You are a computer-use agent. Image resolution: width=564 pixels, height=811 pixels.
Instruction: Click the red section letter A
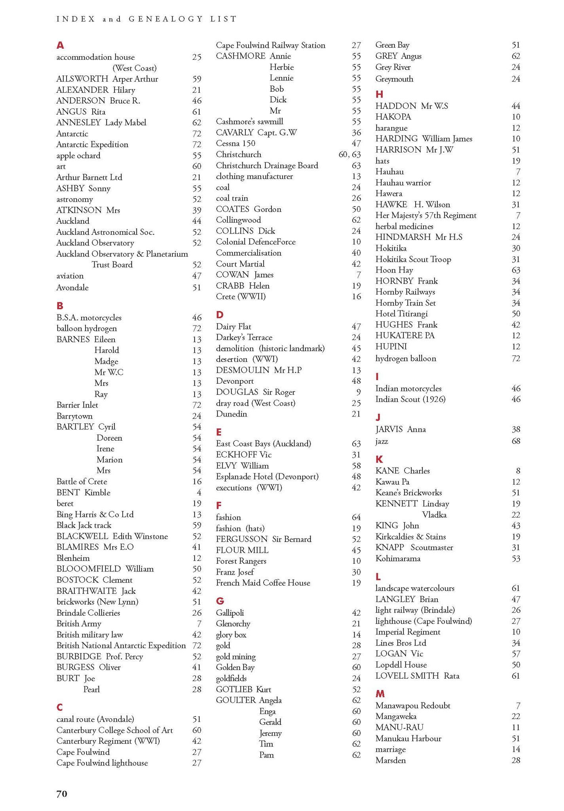pos(60,45)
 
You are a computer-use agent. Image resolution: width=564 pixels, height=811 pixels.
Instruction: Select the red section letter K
pos(379,459)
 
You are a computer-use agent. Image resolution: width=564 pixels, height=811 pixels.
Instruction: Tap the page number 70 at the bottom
pos(62,794)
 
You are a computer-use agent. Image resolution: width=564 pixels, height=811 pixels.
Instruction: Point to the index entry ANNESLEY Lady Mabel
pos(101,123)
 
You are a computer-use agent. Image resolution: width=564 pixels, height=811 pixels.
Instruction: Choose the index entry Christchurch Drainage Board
pos(267,166)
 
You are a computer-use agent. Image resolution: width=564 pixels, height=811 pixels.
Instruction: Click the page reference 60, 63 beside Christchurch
pos(350,154)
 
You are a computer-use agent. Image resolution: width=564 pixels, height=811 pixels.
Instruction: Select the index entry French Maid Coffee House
pos(263,583)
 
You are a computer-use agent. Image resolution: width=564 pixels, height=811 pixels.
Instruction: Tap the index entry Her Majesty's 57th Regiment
pos(426,215)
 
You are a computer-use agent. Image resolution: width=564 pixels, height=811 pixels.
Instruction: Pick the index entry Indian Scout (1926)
pos(410,399)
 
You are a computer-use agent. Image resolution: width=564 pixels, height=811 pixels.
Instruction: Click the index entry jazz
pos(382,441)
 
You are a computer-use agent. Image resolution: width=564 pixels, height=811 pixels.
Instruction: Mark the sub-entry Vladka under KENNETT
pos(434,515)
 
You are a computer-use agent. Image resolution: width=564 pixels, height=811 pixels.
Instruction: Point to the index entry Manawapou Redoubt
pos(413,706)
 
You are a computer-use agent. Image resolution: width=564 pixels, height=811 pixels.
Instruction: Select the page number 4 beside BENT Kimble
pos(199,493)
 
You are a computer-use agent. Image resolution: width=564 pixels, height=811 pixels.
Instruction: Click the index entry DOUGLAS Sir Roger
pos(255,392)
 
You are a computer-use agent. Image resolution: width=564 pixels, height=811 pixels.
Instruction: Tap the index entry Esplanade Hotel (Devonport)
pos(267,476)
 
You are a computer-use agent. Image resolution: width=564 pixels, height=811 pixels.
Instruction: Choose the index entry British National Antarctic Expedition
pos(121,645)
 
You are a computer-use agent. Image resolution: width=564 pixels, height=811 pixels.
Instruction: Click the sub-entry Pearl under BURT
pos(91,689)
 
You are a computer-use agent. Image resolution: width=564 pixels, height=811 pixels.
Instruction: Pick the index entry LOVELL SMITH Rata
pos(417,676)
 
